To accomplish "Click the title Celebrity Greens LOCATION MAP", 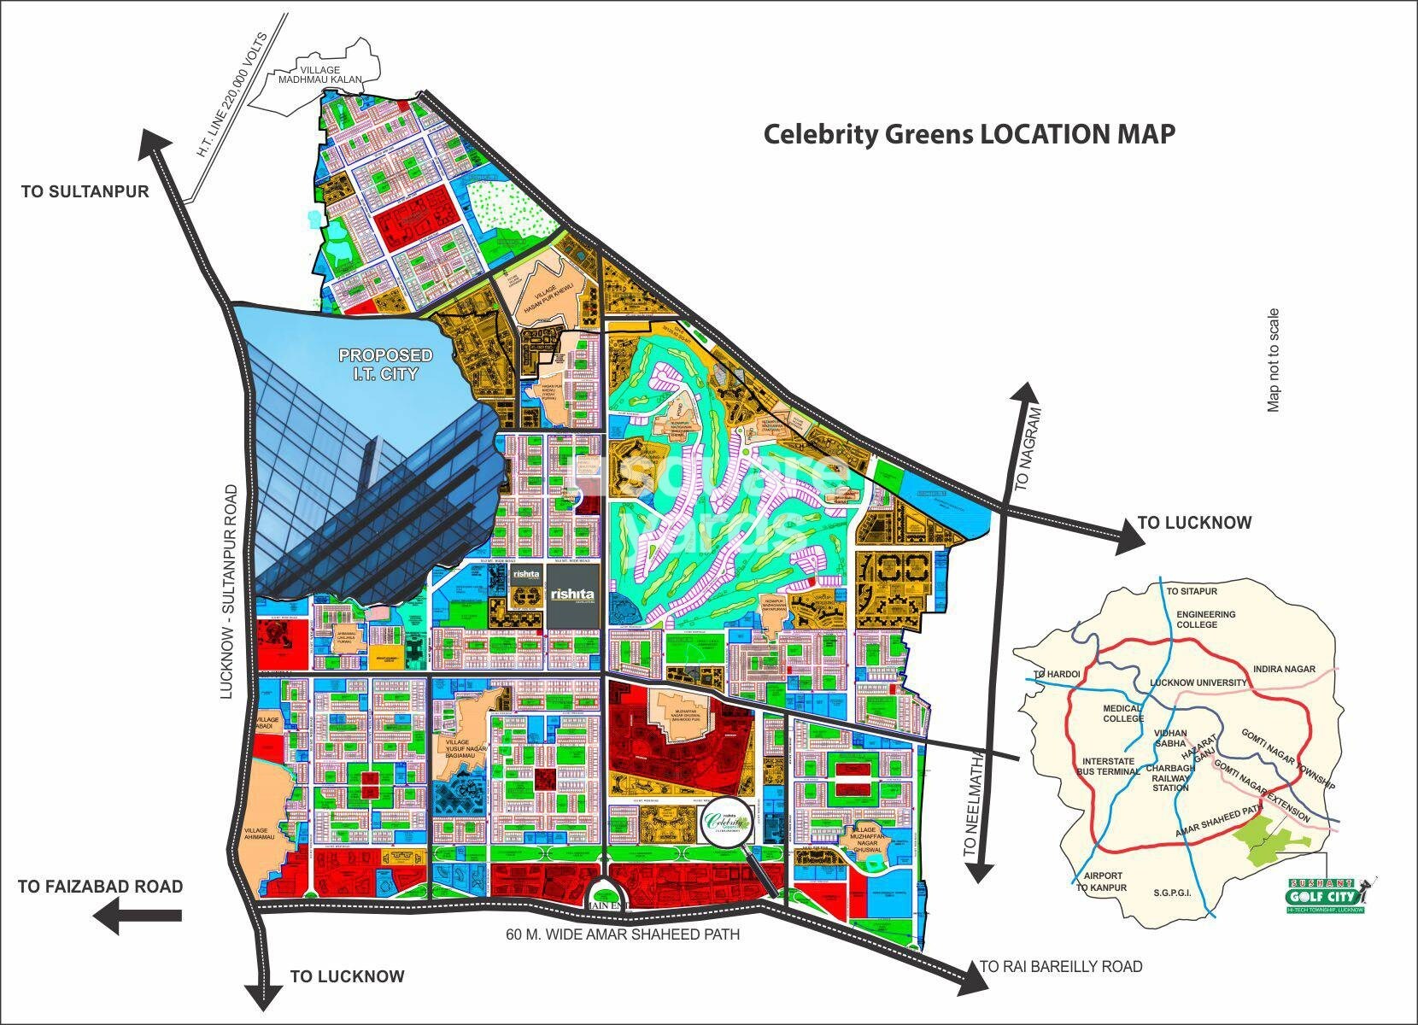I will pos(969,134).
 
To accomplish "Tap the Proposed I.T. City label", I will pos(385,364).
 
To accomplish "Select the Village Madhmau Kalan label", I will pos(320,75).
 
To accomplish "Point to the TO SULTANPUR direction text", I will pos(85,191).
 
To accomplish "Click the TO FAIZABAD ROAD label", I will pos(100,887).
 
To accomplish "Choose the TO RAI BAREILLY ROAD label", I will pos(1060,967).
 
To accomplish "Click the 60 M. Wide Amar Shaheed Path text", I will pos(623,934).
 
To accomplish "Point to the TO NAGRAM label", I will pos(1029,448).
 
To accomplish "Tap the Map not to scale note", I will pos(1274,360).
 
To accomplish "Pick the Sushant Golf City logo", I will pos(1325,894).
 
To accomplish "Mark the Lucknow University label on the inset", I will pos(1198,682).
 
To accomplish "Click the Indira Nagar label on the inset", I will pos(1284,669).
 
